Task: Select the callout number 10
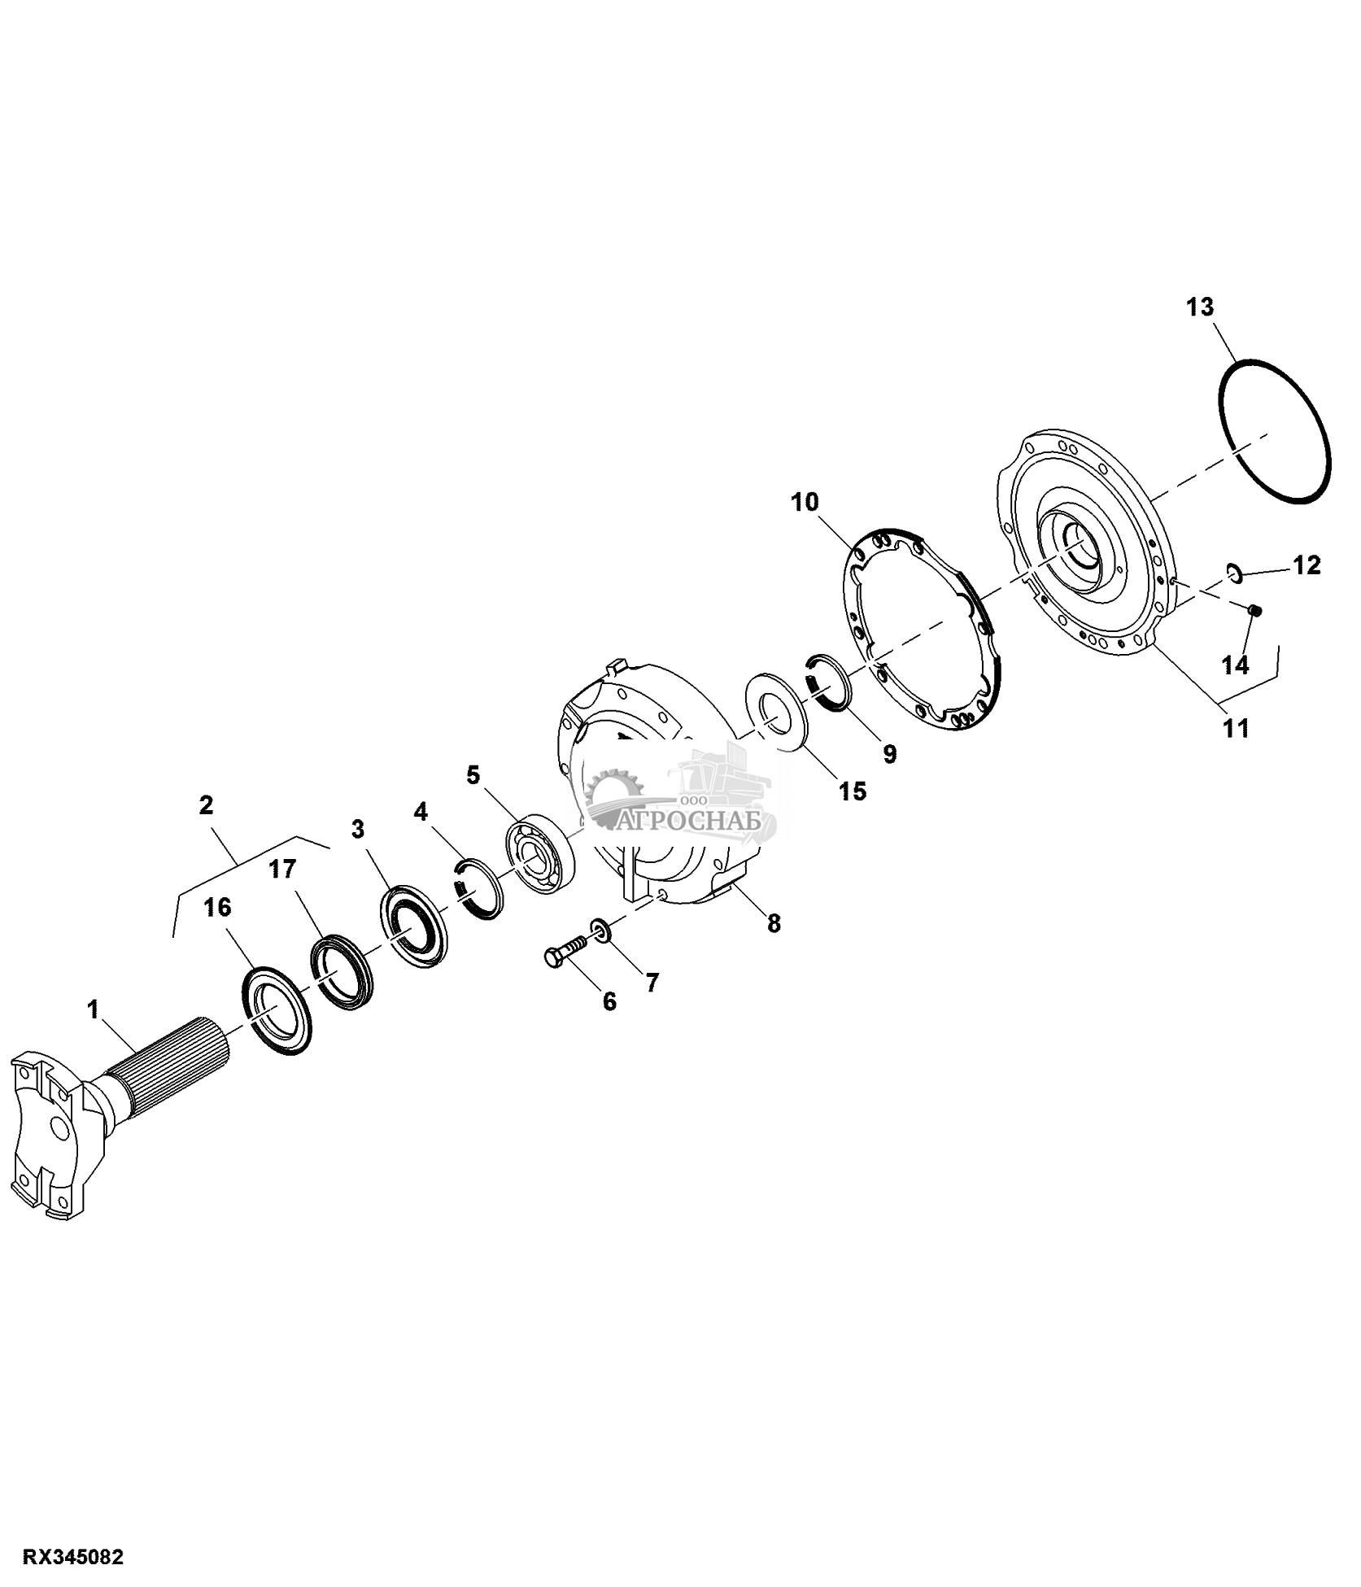pyautogui.click(x=805, y=502)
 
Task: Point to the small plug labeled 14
pyautogui.click(x=1254, y=610)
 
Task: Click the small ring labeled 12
pyautogui.click(x=1233, y=573)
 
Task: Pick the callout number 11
pyautogui.click(x=1236, y=729)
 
